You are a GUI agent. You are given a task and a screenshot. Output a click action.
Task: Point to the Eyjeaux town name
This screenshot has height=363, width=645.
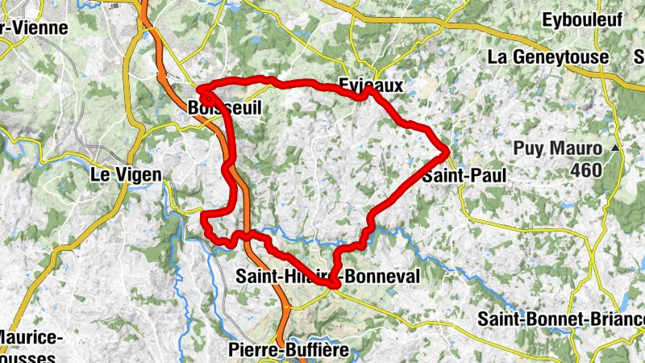pyautogui.click(x=370, y=84)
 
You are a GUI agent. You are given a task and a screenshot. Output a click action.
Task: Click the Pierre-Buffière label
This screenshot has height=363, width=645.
pyautogui.click(x=289, y=350)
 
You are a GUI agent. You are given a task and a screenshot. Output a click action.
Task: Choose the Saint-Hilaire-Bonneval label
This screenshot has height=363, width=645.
pyautogui.click(x=327, y=276)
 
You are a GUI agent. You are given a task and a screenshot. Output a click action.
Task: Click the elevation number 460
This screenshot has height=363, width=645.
pyautogui.click(x=586, y=170)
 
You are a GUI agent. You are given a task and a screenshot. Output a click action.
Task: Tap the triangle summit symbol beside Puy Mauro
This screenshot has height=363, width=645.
pyautogui.click(x=616, y=148)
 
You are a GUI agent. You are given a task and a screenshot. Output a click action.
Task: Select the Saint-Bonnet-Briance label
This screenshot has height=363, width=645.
pyautogui.click(x=560, y=319)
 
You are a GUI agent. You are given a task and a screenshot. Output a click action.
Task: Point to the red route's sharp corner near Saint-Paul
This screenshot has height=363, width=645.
pyautogui.click(x=447, y=150)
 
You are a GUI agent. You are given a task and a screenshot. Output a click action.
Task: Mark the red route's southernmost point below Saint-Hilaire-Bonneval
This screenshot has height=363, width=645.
pyautogui.click(x=331, y=284)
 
